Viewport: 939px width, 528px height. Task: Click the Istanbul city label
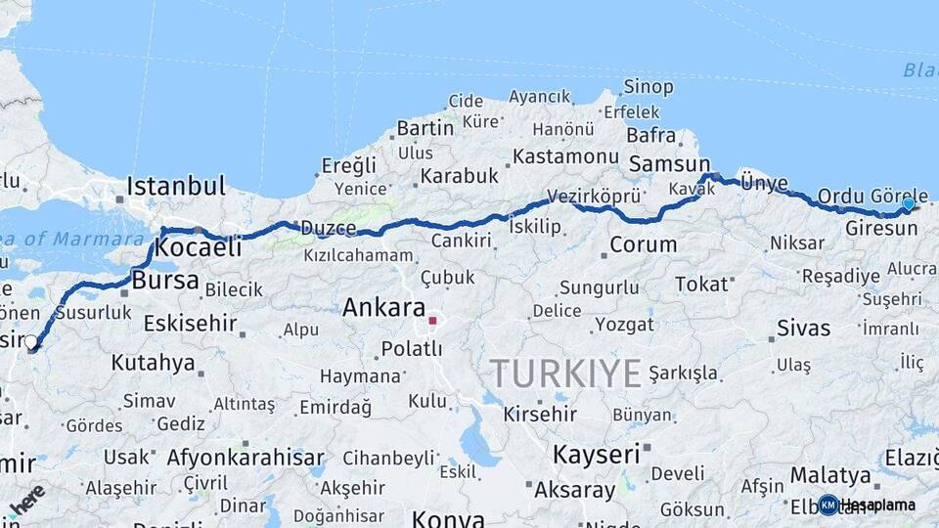click(x=176, y=186)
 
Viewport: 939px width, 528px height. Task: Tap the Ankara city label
click(x=382, y=308)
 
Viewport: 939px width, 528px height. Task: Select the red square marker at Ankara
click(x=432, y=320)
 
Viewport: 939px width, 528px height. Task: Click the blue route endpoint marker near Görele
click(x=909, y=203)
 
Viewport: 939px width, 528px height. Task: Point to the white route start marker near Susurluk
click(x=31, y=342)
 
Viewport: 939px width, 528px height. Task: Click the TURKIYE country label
click(x=565, y=373)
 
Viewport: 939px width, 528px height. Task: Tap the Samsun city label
click(x=669, y=163)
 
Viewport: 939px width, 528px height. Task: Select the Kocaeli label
click(x=199, y=248)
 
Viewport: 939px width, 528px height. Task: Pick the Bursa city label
click(x=164, y=282)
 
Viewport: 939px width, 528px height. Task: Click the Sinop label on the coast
click(x=648, y=87)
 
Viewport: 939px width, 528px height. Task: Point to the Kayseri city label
click(x=596, y=455)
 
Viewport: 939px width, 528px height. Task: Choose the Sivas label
click(x=803, y=328)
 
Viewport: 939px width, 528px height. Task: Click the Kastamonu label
click(x=565, y=156)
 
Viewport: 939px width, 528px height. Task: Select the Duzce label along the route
click(x=328, y=228)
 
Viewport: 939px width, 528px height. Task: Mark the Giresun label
click(x=881, y=228)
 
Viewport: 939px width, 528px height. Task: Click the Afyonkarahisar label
click(x=246, y=457)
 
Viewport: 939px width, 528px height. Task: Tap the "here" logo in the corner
click(x=26, y=500)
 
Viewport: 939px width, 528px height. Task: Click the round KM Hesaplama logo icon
click(x=828, y=505)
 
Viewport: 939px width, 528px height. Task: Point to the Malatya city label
click(x=829, y=475)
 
